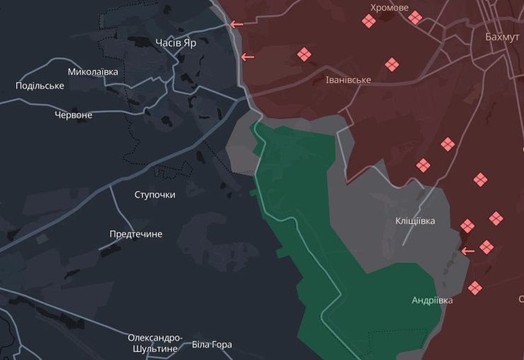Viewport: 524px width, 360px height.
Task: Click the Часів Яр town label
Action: click(x=176, y=43)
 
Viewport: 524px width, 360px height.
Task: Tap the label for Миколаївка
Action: click(x=93, y=72)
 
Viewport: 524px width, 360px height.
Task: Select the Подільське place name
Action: click(x=40, y=86)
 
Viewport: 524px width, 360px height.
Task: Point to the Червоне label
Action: click(x=73, y=115)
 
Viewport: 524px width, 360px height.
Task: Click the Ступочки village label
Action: click(x=154, y=194)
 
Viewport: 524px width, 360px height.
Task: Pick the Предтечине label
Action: click(x=136, y=234)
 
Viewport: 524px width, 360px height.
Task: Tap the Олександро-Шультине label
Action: click(x=155, y=343)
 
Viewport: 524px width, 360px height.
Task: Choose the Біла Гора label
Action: click(x=212, y=345)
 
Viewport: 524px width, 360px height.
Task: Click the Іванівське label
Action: click(x=348, y=80)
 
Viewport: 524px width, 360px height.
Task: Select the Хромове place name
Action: click(x=389, y=8)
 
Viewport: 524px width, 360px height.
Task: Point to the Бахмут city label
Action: click(x=503, y=37)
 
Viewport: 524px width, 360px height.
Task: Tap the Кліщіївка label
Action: click(x=415, y=221)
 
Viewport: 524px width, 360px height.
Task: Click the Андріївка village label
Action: click(x=432, y=300)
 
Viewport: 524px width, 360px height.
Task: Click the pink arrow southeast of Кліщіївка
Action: click(x=468, y=250)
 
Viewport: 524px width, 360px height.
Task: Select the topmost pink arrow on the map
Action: click(x=237, y=24)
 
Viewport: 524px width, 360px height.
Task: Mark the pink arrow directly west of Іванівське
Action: click(x=247, y=57)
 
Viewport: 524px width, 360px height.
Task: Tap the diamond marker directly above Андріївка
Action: click(x=474, y=288)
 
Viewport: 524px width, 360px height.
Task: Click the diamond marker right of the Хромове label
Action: click(x=415, y=18)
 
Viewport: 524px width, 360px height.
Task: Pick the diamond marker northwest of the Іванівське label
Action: click(x=304, y=55)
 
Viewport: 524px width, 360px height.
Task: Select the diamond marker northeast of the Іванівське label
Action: click(x=392, y=65)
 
